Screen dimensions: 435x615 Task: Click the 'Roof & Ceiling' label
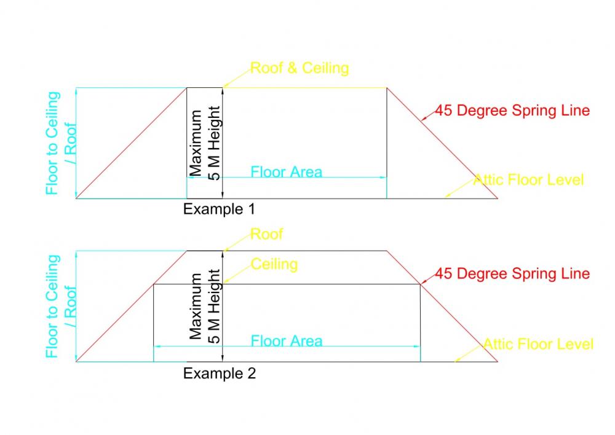(x=300, y=68)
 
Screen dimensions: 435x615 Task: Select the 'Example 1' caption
(x=219, y=209)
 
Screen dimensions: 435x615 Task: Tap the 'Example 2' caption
(x=219, y=373)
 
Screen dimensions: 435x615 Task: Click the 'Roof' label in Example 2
(x=267, y=234)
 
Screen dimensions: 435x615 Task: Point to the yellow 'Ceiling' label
(x=274, y=264)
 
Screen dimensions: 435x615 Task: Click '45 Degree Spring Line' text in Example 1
(x=512, y=111)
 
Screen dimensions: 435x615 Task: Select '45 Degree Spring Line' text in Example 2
(x=512, y=273)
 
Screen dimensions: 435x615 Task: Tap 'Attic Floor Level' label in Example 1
(x=528, y=180)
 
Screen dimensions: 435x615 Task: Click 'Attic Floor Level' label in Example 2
(x=538, y=343)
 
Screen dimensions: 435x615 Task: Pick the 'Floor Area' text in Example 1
(x=286, y=171)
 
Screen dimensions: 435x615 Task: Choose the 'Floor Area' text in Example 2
(x=286, y=340)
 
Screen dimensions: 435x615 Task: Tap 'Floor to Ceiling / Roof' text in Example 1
(x=61, y=143)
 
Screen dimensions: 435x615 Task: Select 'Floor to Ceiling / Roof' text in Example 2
(x=61, y=306)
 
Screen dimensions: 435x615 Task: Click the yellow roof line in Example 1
(x=307, y=88)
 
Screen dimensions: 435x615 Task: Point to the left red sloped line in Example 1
(x=132, y=143)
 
